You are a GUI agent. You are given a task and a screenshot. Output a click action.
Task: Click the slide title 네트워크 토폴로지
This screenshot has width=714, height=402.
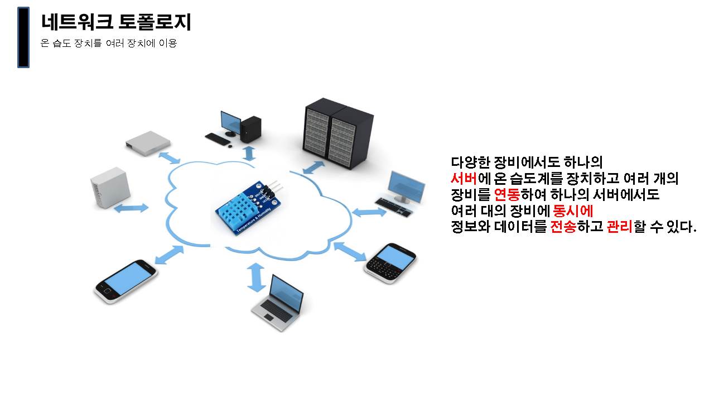[x=116, y=22]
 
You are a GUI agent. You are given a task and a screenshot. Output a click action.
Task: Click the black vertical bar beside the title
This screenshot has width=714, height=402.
[x=23, y=37]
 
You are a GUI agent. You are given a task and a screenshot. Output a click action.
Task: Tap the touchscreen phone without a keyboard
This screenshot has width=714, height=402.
[x=125, y=280]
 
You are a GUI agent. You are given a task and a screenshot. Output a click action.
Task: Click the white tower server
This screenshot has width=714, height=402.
[x=110, y=188]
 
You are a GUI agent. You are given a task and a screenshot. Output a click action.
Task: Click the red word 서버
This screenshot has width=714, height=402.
[x=463, y=179]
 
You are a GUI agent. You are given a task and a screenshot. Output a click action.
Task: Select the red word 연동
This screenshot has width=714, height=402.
[x=507, y=195]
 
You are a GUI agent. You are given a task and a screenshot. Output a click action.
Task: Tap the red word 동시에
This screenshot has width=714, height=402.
[x=572, y=211]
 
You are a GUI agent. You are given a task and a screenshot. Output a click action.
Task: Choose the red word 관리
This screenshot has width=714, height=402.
[x=619, y=227]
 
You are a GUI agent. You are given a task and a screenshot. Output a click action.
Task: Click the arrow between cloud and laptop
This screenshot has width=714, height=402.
[x=257, y=277]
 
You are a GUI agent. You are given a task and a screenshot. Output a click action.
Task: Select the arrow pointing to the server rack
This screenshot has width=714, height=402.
[x=313, y=167]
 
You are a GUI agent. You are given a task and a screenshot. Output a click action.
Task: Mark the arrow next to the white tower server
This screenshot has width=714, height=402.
[x=132, y=208]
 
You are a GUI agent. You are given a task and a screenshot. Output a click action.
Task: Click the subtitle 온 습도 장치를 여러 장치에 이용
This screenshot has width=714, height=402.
[x=109, y=43]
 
